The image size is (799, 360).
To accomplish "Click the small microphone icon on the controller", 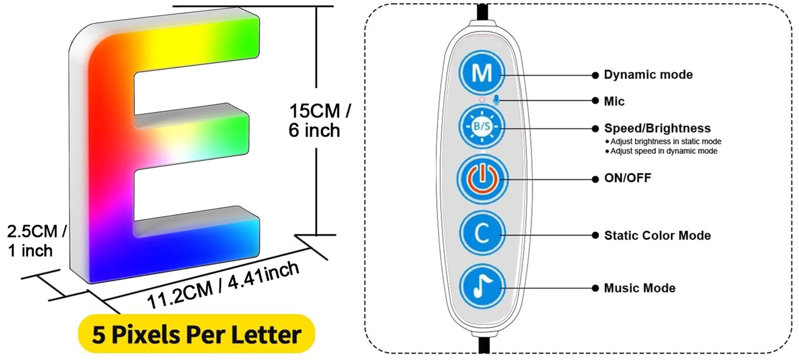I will click(x=496, y=100).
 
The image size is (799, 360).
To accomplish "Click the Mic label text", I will click(x=614, y=101).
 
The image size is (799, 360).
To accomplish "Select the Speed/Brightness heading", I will click(x=657, y=128).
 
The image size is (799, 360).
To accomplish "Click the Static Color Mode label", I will click(x=657, y=235).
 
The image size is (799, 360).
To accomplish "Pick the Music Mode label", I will click(x=639, y=288).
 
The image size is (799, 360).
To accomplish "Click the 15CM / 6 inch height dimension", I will click(x=320, y=121).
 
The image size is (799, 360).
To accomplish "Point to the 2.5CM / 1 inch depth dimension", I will click(x=36, y=241).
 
